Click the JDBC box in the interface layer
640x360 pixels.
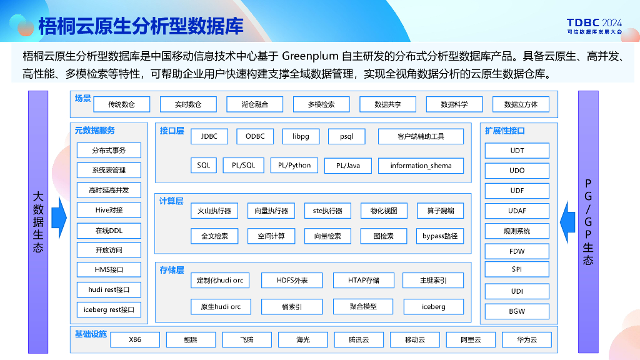pyautogui.click(x=209, y=136)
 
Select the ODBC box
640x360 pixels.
pyautogui.click(x=255, y=136)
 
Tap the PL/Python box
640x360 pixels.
pyautogui.click(x=294, y=166)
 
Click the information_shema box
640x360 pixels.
pyautogui.click(x=421, y=166)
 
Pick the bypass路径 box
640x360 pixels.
pyautogui.click(x=440, y=236)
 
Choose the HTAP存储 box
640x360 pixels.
pyautogui.click(x=363, y=281)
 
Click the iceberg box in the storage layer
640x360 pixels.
pyautogui.click(x=433, y=307)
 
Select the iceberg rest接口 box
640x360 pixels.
pyautogui.click(x=109, y=309)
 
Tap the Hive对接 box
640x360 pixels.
pyautogui.click(x=109, y=210)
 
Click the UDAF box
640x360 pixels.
pyautogui.click(x=517, y=211)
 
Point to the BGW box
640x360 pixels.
pyautogui.click(x=517, y=311)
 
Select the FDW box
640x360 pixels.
pyautogui.click(x=517, y=251)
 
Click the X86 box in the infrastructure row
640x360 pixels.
pyautogui.click(x=135, y=340)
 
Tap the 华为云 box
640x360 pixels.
pyautogui.click(x=527, y=340)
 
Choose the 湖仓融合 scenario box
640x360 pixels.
pyautogui.click(x=255, y=104)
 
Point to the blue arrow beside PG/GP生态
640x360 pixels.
pyautogui.click(x=567, y=218)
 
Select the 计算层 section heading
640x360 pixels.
pyautogui.click(x=171, y=201)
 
